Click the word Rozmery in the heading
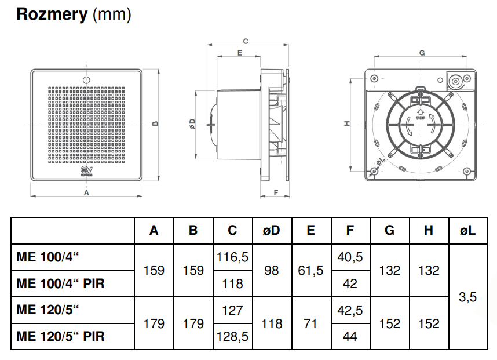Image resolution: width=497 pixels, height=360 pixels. pos(52,15)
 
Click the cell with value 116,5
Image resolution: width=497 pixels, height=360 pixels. pos(232,257)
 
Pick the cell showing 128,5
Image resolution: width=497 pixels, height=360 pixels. pos(232,336)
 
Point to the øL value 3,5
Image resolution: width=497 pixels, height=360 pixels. pos(467,297)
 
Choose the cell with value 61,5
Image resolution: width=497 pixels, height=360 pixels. pos(310,271)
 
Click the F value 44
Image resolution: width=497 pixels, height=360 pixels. pos(350,336)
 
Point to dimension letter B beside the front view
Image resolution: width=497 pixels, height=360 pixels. pos(155,124)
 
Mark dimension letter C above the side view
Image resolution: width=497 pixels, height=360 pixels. pos(245,41)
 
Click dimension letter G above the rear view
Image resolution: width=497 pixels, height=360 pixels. pos(422,53)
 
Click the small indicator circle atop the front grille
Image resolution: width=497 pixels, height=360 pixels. pos(86,80)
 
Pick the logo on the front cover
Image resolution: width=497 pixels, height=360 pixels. pos(86,170)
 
